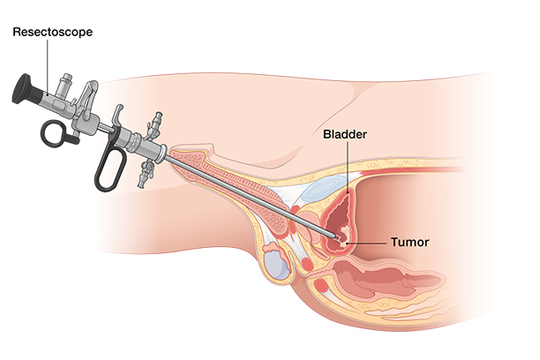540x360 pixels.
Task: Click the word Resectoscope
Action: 53,32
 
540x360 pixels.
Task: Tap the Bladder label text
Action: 345,134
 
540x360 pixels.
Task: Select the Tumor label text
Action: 409,242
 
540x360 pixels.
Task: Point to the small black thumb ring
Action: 55,132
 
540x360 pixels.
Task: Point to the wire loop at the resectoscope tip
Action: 338,238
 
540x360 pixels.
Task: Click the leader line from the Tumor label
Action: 367,243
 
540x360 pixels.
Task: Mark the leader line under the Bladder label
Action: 348,167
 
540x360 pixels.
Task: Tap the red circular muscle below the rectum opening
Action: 322,286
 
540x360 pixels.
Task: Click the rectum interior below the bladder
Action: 379,275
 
